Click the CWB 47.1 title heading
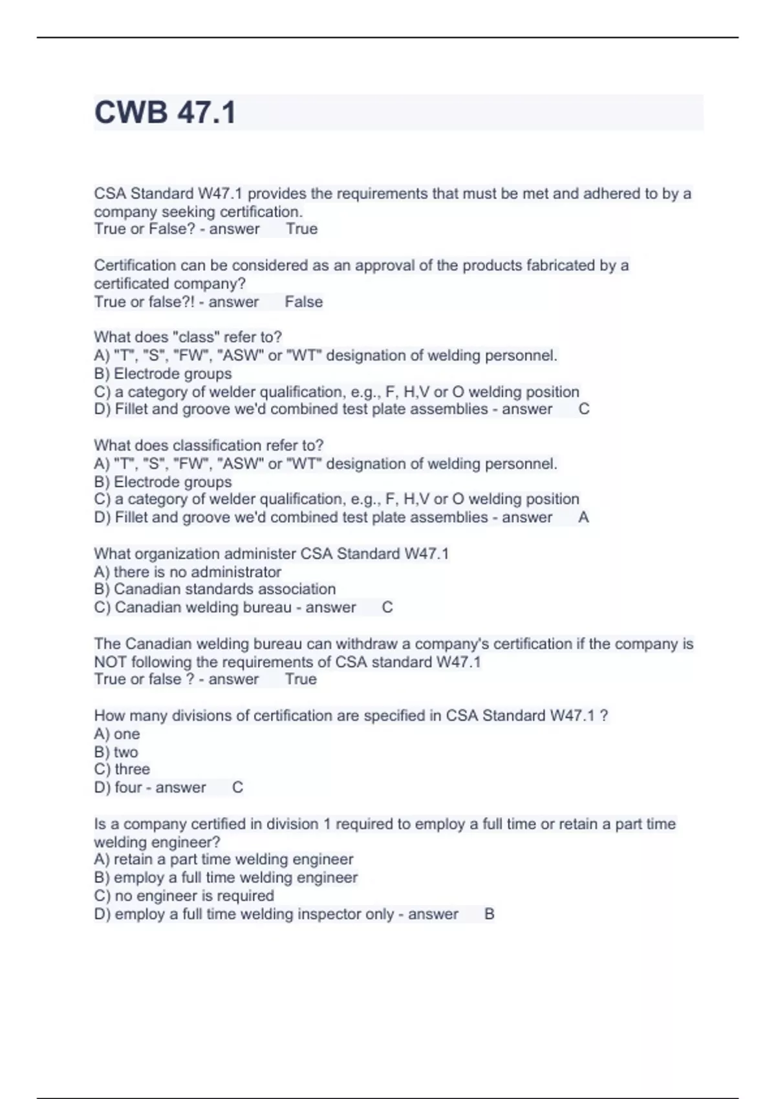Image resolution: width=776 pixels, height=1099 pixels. pos(166,112)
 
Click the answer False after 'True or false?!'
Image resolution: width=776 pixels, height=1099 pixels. pos(303,302)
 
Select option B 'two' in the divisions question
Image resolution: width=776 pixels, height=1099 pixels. pos(116,752)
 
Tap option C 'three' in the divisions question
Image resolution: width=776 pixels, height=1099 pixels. pos(122,769)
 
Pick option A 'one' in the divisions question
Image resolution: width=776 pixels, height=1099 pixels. pos(117,734)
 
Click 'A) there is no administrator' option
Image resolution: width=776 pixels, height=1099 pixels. pos(188,571)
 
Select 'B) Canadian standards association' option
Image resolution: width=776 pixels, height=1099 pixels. pos(215,589)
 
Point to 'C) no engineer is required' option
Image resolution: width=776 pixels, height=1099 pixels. pos(184,895)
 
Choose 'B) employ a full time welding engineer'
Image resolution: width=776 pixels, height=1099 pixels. pos(226,877)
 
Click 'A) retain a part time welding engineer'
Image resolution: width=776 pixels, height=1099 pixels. pos(224,859)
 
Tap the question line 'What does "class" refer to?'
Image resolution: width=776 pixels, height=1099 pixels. pos(188,337)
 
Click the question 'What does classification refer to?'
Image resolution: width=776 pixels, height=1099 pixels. pos(208,445)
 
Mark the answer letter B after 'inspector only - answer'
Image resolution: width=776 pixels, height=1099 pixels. pos(489,914)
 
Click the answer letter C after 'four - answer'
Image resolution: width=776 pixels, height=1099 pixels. pos(237,787)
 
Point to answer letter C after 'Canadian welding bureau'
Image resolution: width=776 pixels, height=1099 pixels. pos(387,607)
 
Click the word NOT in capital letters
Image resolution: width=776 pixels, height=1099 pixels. pos(110,662)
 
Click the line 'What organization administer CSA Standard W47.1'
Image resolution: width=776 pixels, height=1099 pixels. pos(272,553)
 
